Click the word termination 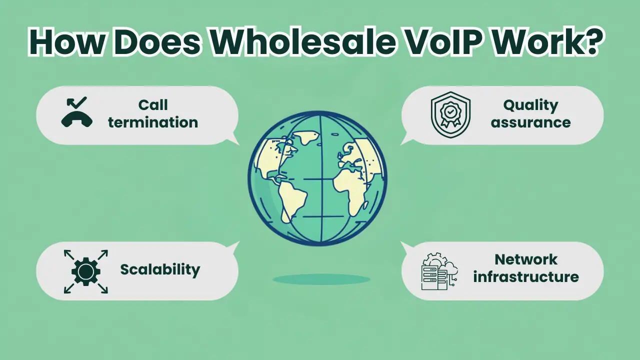tap(153, 122)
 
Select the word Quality tap(530, 105)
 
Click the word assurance tap(530, 122)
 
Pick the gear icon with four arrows tap(86, 271)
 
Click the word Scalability tap(160, 269)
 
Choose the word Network tap(526, 259)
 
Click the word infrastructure tap(526, 276)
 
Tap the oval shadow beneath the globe tap(321, 279)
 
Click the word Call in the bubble tap(153, 105)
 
